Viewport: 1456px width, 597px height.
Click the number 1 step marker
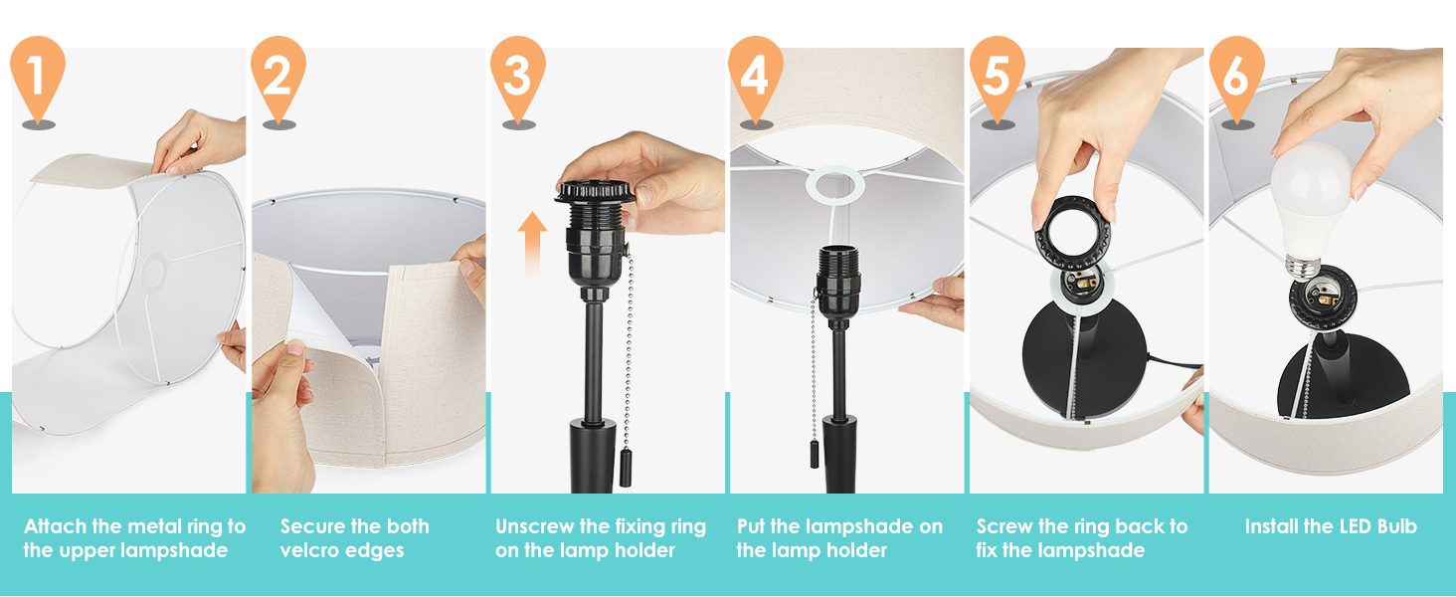click(38, 75)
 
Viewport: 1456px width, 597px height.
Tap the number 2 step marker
click(277, 75)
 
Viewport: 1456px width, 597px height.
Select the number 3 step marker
click(517, 75)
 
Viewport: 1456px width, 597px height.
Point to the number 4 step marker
click(756, 75)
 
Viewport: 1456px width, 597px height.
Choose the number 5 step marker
click(998, 75)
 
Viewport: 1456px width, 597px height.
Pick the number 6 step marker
click(1236, 75)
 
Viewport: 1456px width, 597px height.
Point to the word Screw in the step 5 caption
click(1007, 526)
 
